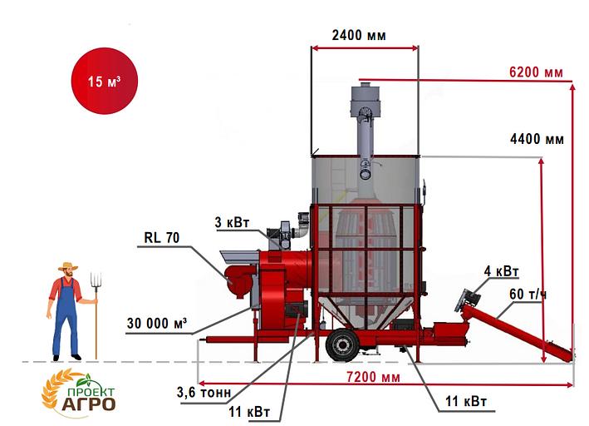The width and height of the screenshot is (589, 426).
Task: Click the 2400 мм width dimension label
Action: pyautogui.click(x=359, y=36)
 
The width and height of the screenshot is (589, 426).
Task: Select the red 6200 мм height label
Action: pyautogui.click(x=536, y=72)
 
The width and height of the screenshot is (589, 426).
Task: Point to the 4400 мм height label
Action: pyautogui.click(x=537, y=139)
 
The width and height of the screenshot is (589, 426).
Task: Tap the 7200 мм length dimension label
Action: pyautogui.click(x=373, y=377)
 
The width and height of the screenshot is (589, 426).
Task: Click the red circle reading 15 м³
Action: pyautogui.click(x=105, y=81)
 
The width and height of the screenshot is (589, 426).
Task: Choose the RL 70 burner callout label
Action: pyautogui.click(x=162, y=237)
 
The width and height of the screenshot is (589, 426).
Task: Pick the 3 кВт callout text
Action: pyautogui.click(x=232, y=222)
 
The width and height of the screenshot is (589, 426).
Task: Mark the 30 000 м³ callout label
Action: pyautogui.click(x=157, y=324)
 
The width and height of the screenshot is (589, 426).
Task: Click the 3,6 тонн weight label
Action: pyautogui.click(x=204, y=392)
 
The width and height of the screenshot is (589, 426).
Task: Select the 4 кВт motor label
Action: pyautogui.click(x=502, y=271)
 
